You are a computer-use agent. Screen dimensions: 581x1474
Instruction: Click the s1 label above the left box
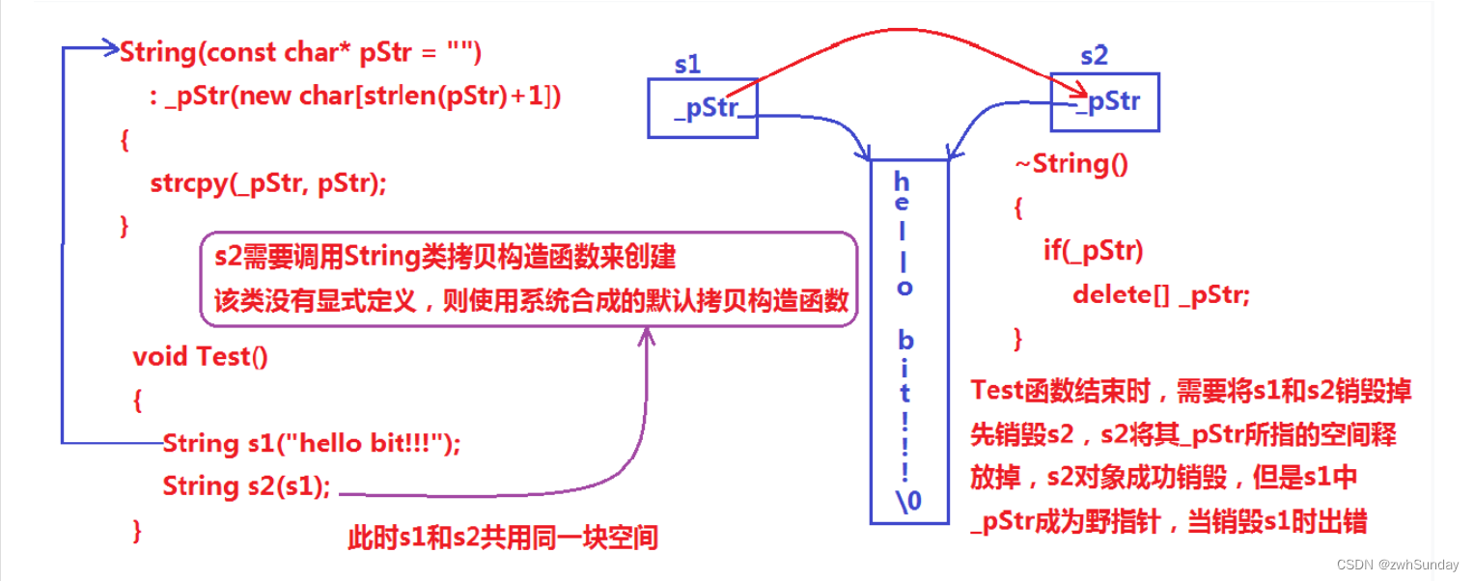pyautogui.click(x=687, y=65)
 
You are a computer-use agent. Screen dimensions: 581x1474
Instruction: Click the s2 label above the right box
pyautogui.click(x=1094, y=56)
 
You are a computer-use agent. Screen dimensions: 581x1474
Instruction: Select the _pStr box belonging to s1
pyautogui.click(x=701, y=108)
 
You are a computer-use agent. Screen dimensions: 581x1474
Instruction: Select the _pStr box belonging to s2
pyautogui.click(x=1104, y=102)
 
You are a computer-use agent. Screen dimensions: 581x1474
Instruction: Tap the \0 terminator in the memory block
pyautogui.click(x=908, y=500)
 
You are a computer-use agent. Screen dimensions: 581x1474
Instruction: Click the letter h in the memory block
pyautogui.click(x=902, y=180)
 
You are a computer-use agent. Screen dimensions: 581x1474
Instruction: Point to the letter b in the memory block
pyautogui.click(x=905, y=340)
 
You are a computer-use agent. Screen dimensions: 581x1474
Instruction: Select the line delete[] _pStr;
pyautogui.click(x=1160, y=295)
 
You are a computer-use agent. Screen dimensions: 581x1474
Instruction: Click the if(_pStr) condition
pyautogui.click(x=1093, y=252)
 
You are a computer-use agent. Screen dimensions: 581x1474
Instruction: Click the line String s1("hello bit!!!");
pyautogui.click(x=312, y=444)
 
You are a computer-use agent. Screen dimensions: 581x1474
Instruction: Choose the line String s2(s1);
pyautogui.click(x=246, y=486)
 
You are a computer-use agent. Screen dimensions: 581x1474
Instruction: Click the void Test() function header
pyautogui.click(x=201, y=357)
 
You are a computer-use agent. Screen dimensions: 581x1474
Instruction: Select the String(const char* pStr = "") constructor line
pyautogui.click(x=300, y=52)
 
